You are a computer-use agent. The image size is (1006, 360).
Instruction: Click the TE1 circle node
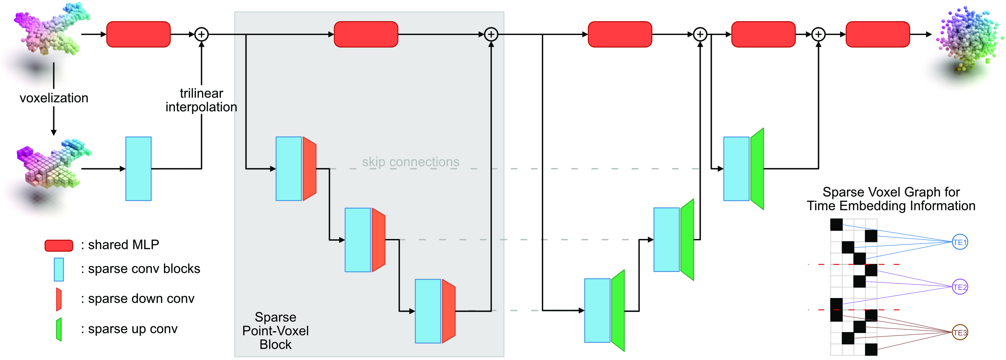click(960, 242)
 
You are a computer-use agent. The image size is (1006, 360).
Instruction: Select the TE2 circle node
click(960, 287)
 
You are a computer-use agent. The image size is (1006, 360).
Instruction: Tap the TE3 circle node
click(960, 332)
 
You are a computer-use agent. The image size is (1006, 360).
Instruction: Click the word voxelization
click(54, 98)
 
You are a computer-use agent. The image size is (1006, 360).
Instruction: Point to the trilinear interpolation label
click(201, 100)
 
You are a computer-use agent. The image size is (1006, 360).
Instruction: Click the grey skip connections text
click(411, 162)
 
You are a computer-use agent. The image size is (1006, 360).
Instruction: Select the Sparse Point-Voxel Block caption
click(275, 331)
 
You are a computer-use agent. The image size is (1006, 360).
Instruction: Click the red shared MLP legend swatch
click(59, 245)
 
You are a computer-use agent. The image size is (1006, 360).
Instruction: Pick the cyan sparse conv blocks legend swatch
click(59, 269)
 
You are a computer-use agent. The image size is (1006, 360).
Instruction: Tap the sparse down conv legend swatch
click(59, 299)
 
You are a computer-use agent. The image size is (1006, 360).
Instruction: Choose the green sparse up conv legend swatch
click(59, 329)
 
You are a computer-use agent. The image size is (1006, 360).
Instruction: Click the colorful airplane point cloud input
click(51, 29)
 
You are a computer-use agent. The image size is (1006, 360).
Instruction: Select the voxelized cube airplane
click(53, 166)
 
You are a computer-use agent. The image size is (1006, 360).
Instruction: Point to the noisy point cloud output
click(968, 37)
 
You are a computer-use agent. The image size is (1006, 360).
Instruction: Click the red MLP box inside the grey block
click(366, 34)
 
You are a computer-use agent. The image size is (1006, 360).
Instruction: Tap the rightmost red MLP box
click(877, 34)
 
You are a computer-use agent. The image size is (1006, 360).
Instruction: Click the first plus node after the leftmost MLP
click(202, 34)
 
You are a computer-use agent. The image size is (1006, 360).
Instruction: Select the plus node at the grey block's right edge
click(491, 34)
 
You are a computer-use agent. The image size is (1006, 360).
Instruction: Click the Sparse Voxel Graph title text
click(891, 199)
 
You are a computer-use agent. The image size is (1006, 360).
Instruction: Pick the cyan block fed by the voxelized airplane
click(138, 169)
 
